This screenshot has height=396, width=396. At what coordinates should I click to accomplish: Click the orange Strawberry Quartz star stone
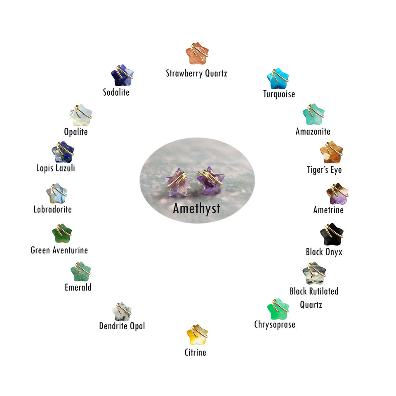point(196,54)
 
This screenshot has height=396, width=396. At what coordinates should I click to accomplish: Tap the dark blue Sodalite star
point(122,75)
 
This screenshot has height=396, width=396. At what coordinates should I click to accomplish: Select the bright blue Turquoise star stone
point(278,78)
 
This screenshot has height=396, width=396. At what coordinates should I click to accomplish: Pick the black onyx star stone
point(331,235)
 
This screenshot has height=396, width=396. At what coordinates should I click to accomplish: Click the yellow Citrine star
point(197,335)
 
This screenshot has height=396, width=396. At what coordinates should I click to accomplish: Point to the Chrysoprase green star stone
point(278,309)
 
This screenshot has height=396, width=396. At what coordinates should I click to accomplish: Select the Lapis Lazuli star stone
point(63,152)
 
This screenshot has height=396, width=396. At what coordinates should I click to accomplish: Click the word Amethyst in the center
point(196,208)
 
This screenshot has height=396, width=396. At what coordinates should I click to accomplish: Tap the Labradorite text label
point(52,209)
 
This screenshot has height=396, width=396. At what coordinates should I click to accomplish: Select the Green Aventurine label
point(59,250)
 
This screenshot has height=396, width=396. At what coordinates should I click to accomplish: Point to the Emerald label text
point(78,287)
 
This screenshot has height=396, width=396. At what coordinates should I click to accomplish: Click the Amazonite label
point(313,132)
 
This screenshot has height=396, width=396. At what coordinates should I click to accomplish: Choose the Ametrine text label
point(328,210)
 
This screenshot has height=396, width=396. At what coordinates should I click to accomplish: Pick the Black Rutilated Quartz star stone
point(314,273)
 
